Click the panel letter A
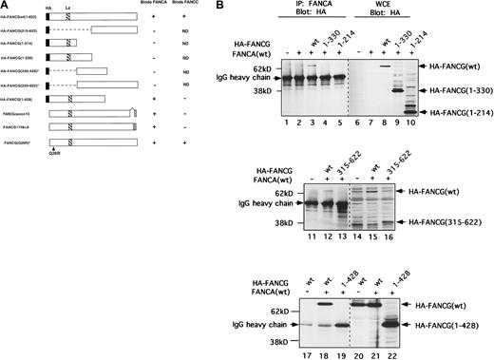point(5,6)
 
